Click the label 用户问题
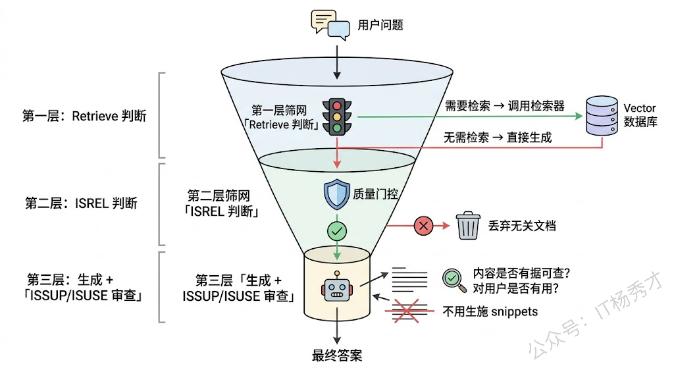(380, 26)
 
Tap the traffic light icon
(338, 117)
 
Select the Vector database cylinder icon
(603, 116)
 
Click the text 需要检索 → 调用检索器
(505, 106)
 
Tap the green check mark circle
(338, 231)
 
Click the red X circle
(422, 226)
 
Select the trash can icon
(468, 226)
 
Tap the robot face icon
(337, 288)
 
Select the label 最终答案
(337, 356)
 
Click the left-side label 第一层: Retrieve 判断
(84, 117)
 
